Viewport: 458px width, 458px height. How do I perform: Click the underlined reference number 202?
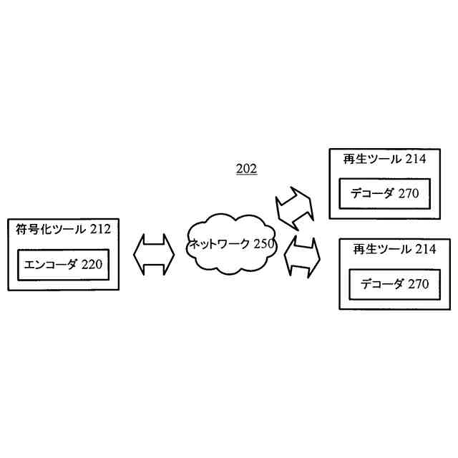(x=246, y=170)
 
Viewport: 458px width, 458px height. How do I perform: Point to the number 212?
(x=100, y=230)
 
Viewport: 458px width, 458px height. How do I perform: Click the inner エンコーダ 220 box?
(x=63, y=265)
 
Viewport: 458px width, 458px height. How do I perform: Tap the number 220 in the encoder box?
(x=92, y=265)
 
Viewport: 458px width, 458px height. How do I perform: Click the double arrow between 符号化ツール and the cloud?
(x=154, y=254)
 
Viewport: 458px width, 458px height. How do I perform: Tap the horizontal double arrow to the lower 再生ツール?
(x=302, y=257)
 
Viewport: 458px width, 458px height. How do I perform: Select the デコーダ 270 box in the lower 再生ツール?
(x=395, y=284)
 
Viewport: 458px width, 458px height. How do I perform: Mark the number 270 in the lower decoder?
(x=419, y=284)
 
